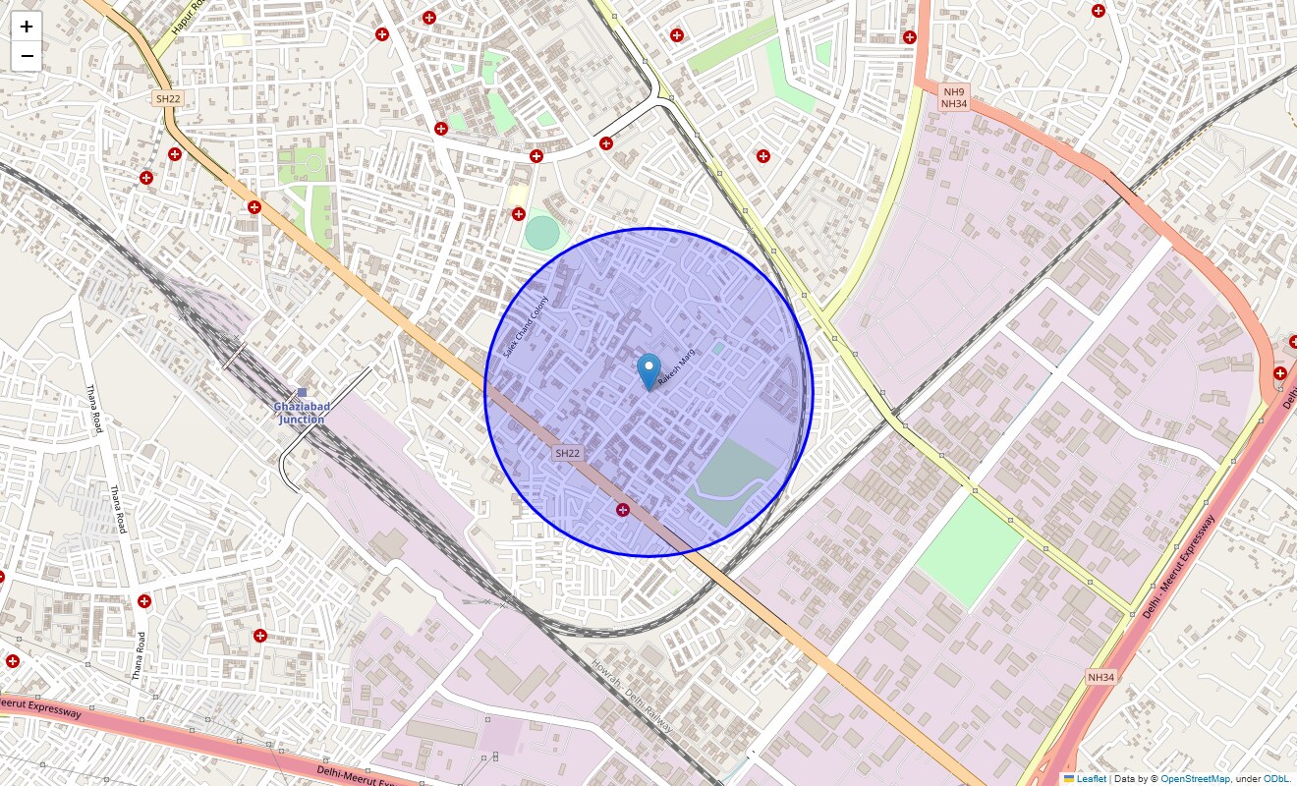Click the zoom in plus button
[x=27, y=27]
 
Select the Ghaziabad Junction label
[x=301, y=413]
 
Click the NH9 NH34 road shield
[x=954, y=96]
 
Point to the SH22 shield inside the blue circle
[x=568, y=453]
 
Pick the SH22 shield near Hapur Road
[x=167, y=98]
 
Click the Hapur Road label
[x=187, y=18]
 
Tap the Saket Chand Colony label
[x=526, y=326]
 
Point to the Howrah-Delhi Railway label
[x=633, y=697]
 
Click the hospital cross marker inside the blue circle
[x=622, y=509]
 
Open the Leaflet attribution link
[x=1091, y=779]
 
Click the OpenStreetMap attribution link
[x=1195, y=779]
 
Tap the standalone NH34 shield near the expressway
[x=1101, y=677]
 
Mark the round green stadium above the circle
[x=541, y=233]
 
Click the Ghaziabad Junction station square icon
[x=302, y=393]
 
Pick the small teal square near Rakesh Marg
[x=717, y=348]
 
